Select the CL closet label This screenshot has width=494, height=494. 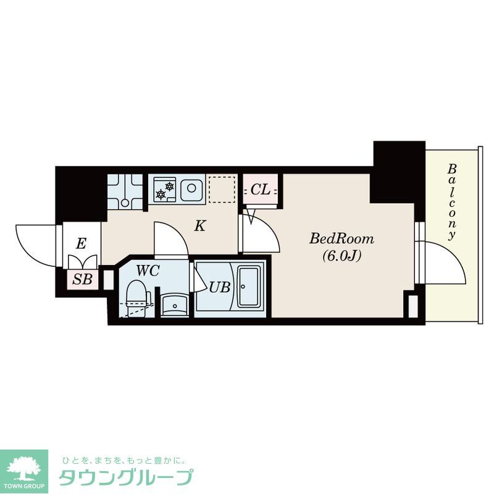tap(261, 190)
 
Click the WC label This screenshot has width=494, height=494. tap(148, 270)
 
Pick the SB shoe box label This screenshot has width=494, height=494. tap(82, 279)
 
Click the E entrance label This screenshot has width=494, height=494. tap(80, 244)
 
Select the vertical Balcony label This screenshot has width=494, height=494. tap(453, 201)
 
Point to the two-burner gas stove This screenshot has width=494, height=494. tap(165, 189)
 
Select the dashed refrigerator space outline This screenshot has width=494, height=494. tap(222, 189)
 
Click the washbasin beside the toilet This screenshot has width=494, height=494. tap(174, 303)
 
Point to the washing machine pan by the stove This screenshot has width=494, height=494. tap(125, 191)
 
